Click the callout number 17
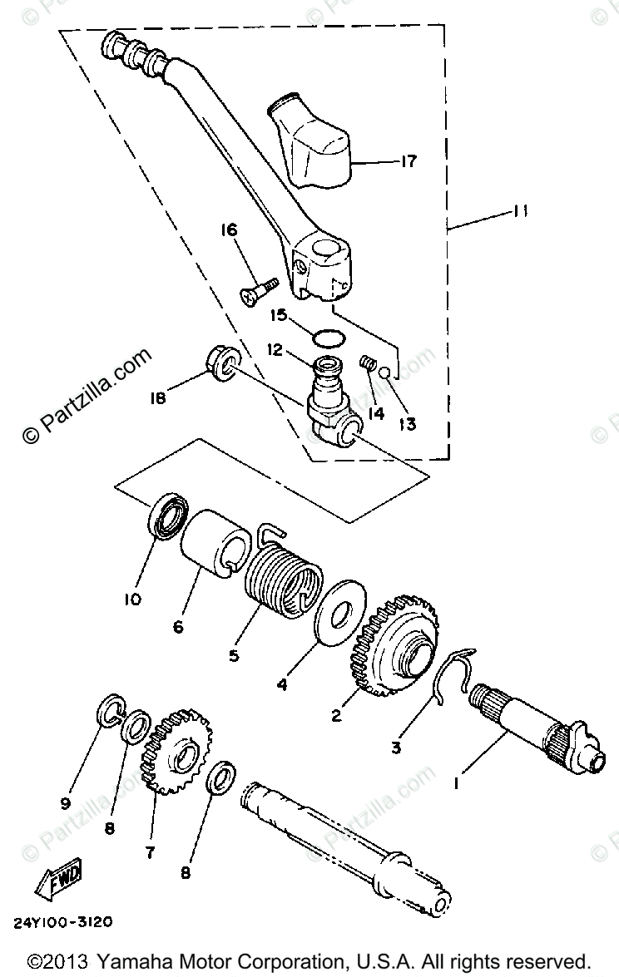click(408, 160)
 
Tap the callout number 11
click(521, 213)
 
